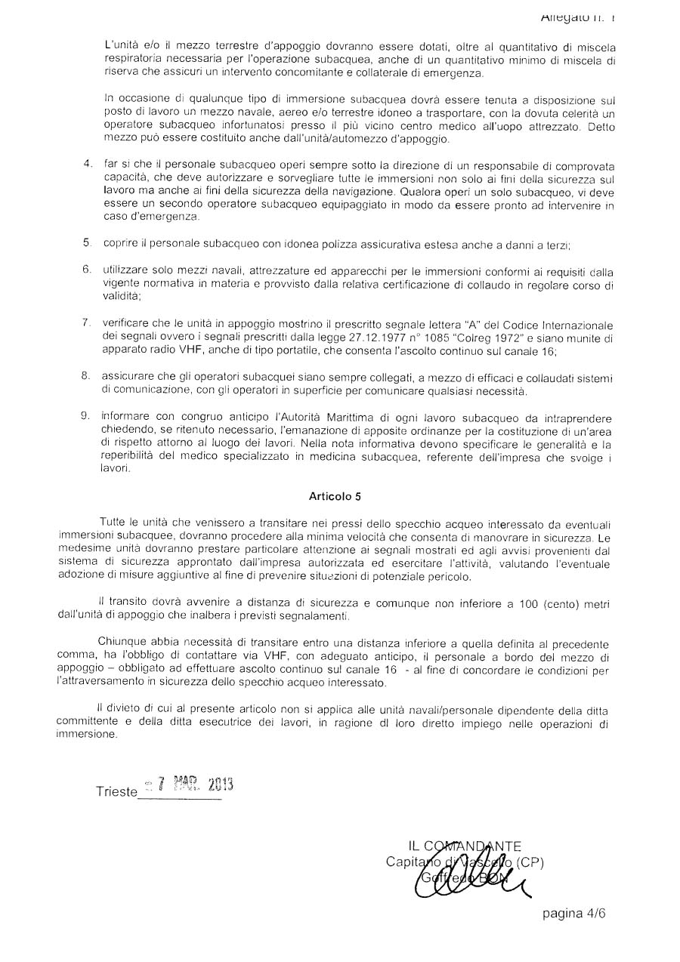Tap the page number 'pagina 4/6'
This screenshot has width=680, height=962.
(573, 913)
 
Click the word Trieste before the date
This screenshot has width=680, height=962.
(116, 791)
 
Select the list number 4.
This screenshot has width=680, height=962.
(88, 165)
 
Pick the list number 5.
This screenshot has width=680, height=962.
(88, 243)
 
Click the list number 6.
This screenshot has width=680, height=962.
(88, 270)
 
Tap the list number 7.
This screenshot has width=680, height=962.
(88, 322)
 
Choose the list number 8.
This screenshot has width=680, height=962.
(88, 375)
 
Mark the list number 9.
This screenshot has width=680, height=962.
(88, 415)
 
